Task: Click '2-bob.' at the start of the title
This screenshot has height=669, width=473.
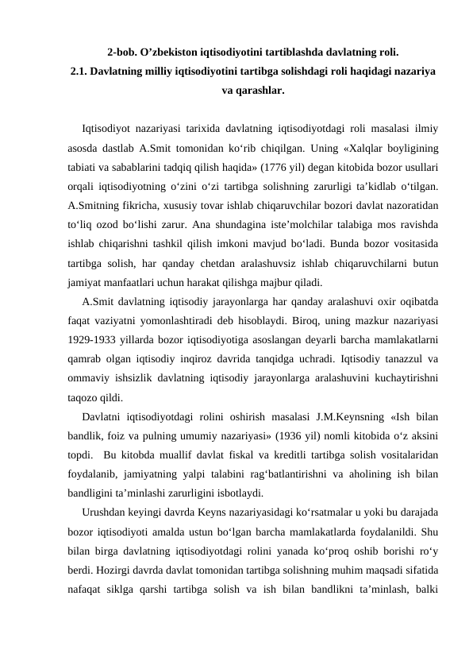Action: (x=123, y=53)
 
